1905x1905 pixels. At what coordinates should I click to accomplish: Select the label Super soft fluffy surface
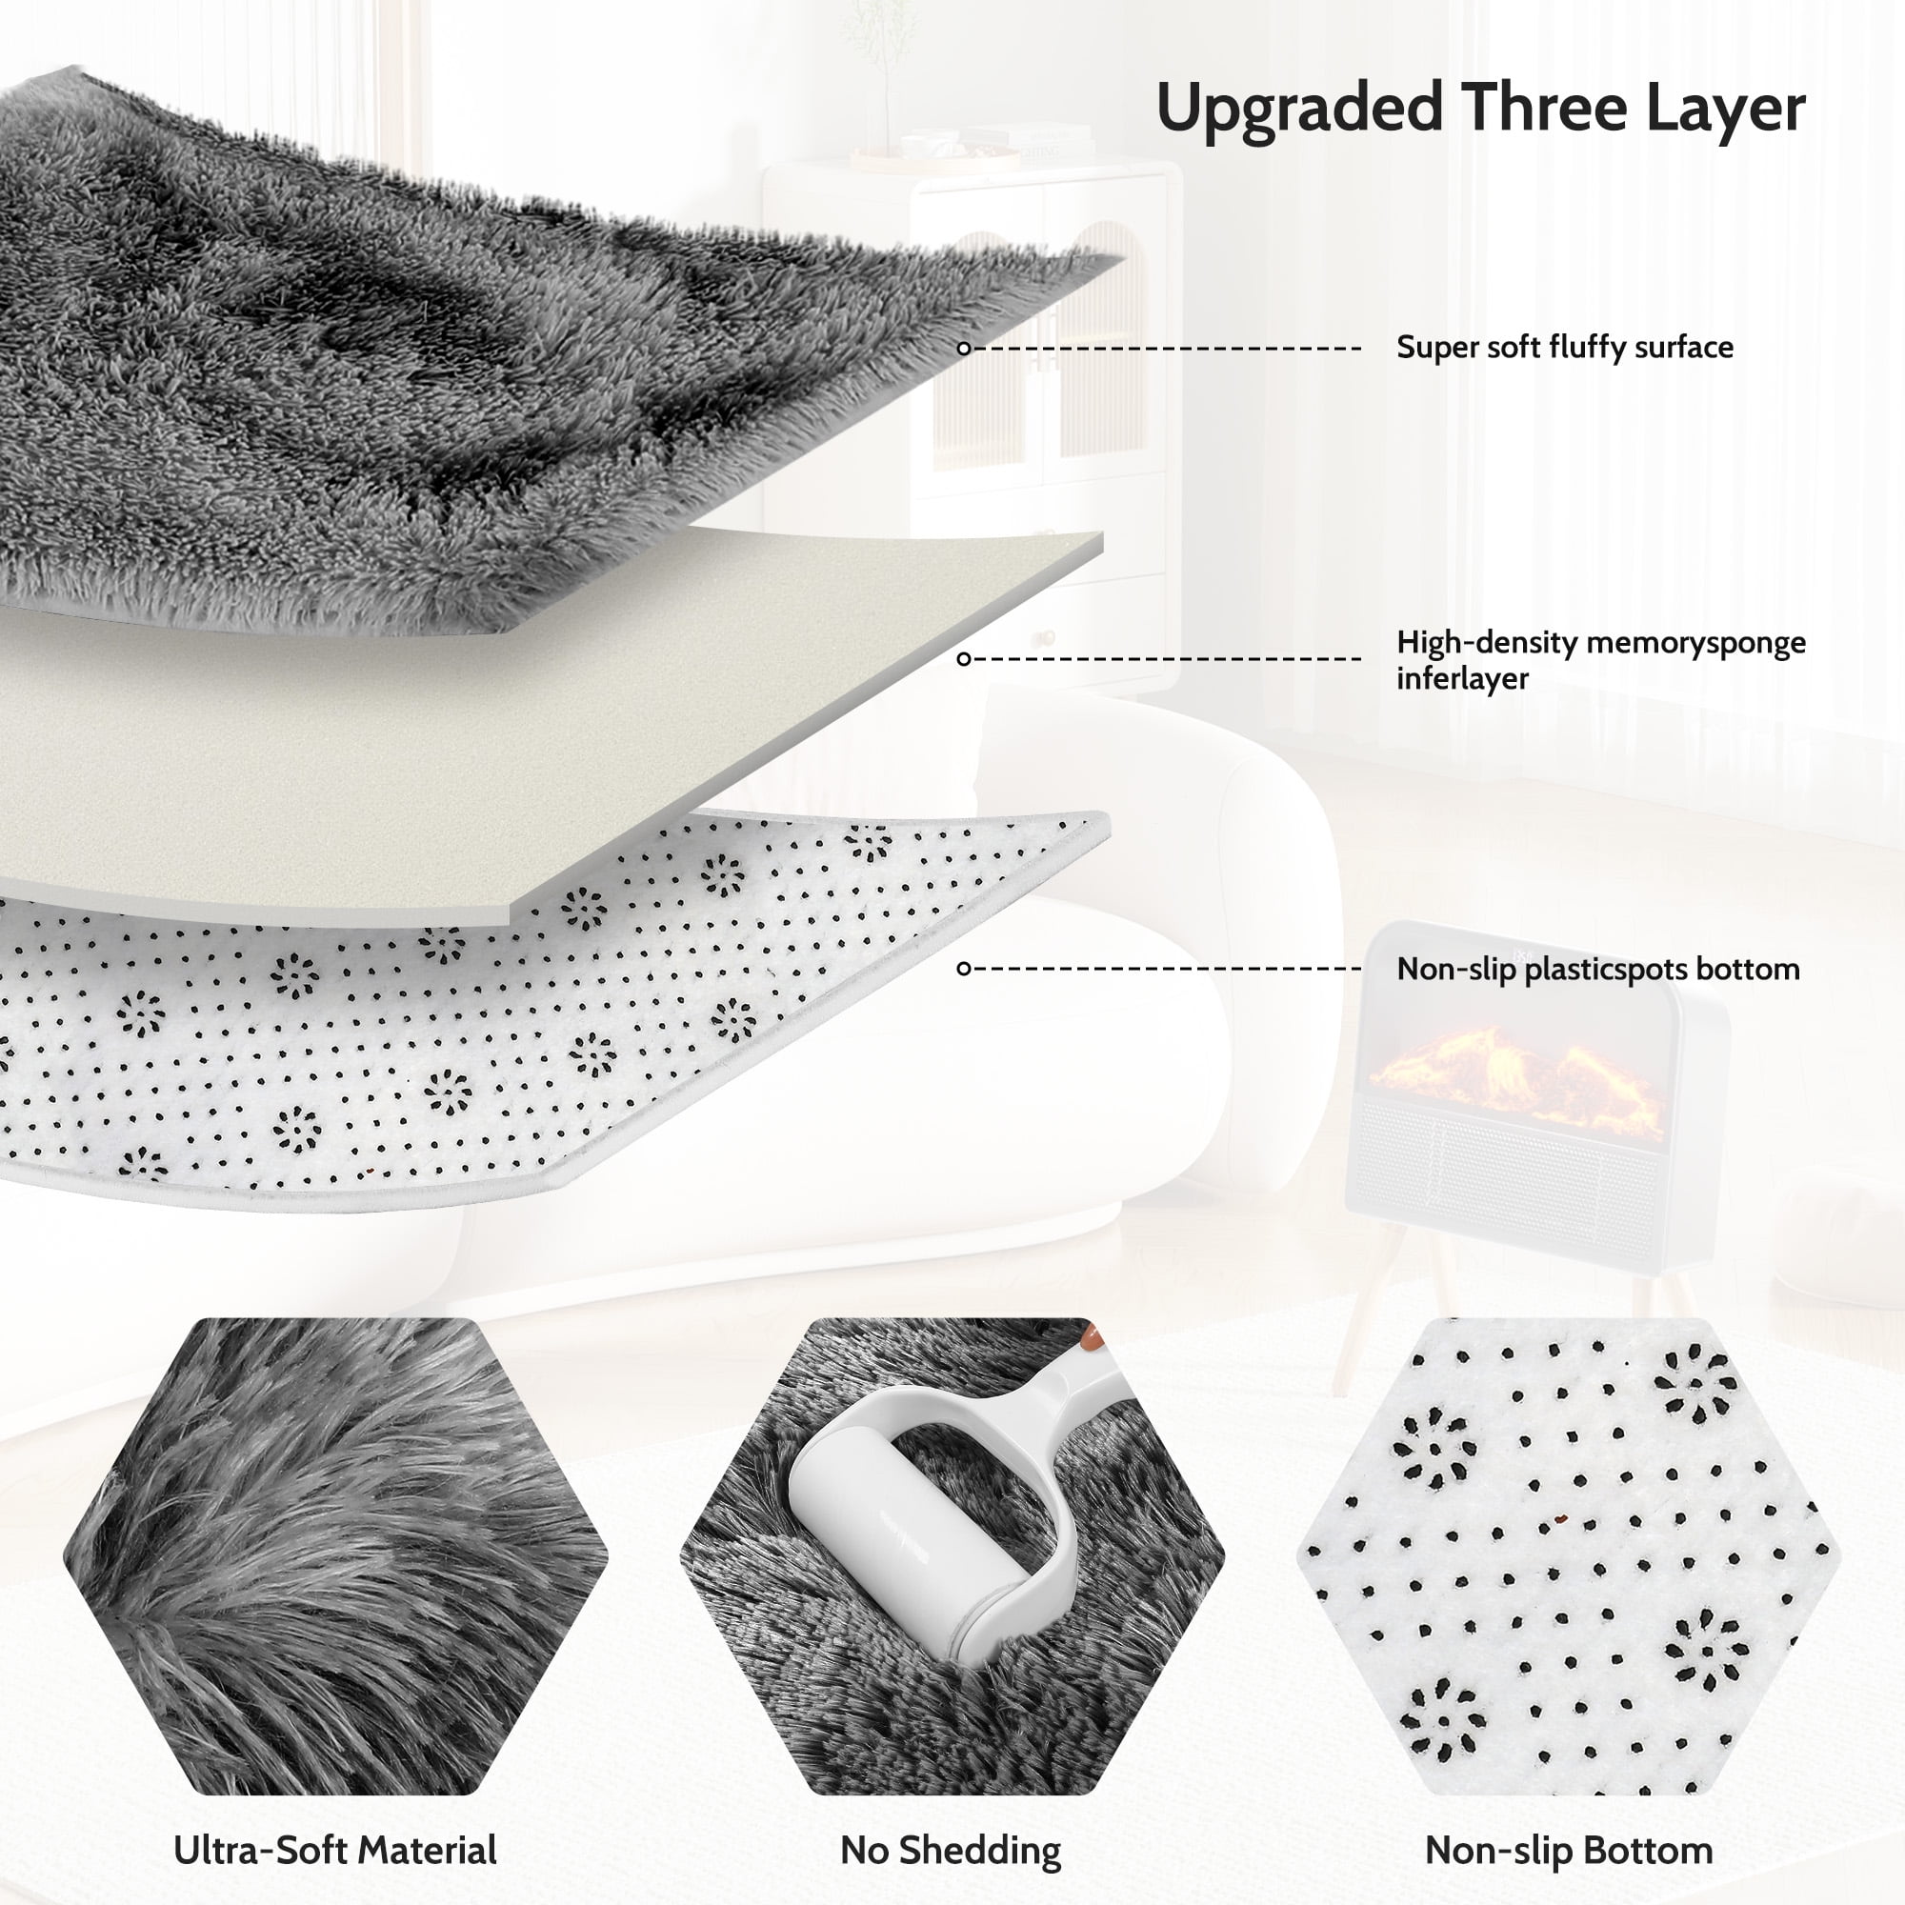(1565, 347)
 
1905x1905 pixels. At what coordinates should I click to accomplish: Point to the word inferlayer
(1462, 678)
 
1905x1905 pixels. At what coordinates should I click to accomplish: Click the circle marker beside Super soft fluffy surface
(964, 348)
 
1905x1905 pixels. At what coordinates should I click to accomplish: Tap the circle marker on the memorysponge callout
(964, 659)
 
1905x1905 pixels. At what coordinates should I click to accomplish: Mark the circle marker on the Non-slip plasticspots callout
(964, 969)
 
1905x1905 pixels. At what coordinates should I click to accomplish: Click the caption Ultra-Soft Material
(335, 1851)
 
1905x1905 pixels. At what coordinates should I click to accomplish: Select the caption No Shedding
(951, 1851)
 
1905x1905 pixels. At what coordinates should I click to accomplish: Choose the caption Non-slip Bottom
(1569, 1851)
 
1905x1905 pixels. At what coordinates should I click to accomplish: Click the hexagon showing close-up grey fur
(335, 1557)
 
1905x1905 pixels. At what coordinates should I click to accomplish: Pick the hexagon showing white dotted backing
(1569, 1557)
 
